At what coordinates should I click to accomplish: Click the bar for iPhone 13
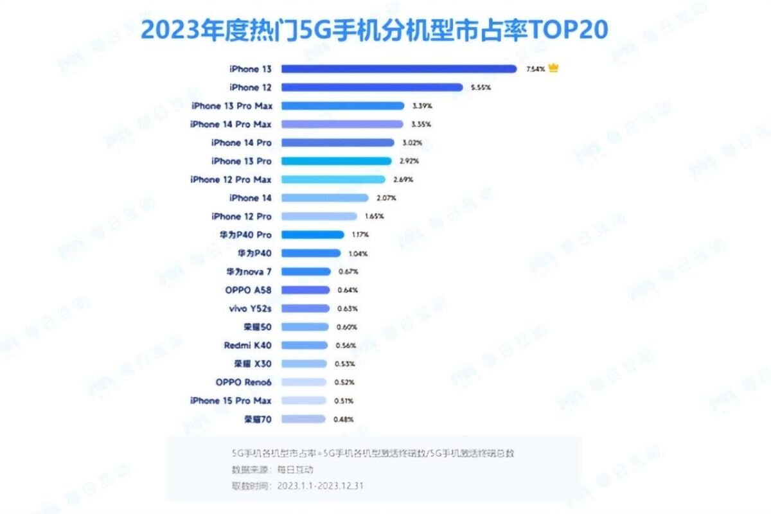[x=398, y=69]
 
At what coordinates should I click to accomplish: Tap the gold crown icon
[x=553, y=68]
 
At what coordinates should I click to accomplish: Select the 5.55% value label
[x=481, y=87]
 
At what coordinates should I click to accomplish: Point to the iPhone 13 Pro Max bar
[x=342, y=105]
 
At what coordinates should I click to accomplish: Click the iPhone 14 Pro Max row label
[x=231, y=124]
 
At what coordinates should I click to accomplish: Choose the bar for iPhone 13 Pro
[x=336, y=161]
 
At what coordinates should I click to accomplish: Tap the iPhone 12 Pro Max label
[x=231, y=179]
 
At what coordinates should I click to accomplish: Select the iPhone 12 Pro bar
[x=319, y=216]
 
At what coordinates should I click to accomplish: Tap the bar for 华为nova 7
[x=306, y=271]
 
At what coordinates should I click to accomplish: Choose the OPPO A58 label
[x=248, y=290]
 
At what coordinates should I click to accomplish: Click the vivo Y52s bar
[x=305, y=308]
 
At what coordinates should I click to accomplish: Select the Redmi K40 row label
[x=247, y=345]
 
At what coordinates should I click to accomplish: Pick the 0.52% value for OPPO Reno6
[x=344, y=382]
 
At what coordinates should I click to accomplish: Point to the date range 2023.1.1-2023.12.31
[x=321, y=485]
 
